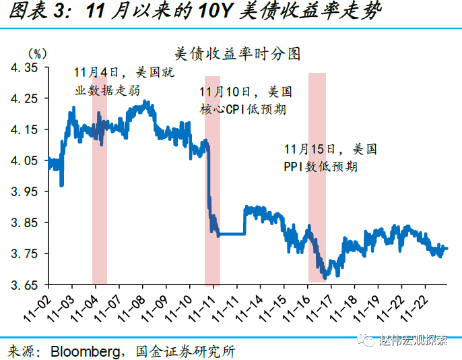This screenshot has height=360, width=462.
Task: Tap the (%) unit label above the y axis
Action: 37,53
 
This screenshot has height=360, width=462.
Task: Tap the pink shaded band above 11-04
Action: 100,202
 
